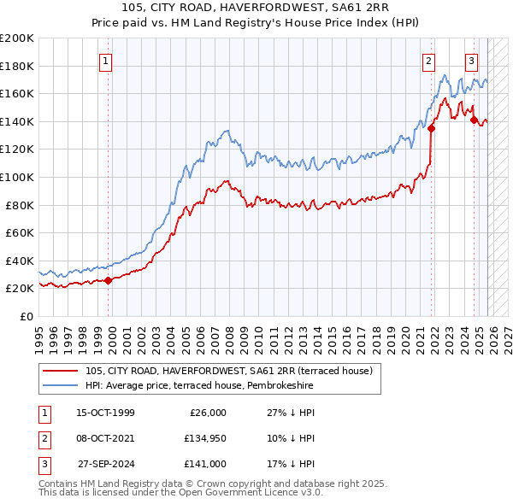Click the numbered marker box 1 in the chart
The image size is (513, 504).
click(x=105, y=61)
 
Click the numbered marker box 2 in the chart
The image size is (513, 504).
click(x=427, y=61)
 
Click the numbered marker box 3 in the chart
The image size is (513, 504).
click(x=471, y=61)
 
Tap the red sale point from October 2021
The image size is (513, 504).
click(x=431, y=129)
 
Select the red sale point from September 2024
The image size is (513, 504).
click(x=474, y=120)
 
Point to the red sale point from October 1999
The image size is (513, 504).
click(x=109, y=280)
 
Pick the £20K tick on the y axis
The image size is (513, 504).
click(x=20, y=289)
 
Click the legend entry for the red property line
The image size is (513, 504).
click(x=228, y=372)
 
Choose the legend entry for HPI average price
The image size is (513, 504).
click(x=199, y=386)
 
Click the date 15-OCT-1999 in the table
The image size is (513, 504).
click(x=105, y=413)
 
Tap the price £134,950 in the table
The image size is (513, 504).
click(x=203, y=438)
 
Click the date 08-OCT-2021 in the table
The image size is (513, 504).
click(x=105, y=438)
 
